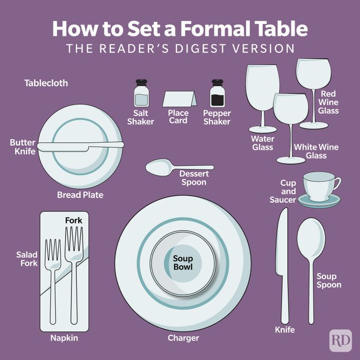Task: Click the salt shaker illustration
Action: [141, 95]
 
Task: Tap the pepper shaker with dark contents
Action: [217, 95]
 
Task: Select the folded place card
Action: [179, 99]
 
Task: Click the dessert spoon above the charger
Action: [159, 168]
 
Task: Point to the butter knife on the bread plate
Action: [79, 147]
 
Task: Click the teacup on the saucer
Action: [319, 185]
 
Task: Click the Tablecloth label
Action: [46, 83]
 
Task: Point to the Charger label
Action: [183, 338]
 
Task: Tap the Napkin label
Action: [64, 338]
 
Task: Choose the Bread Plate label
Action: [80, 195]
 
